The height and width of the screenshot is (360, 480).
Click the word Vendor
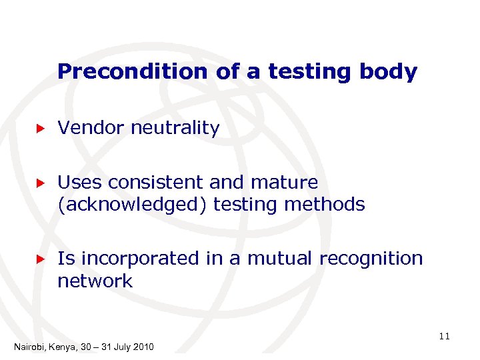click(x=91, y=128)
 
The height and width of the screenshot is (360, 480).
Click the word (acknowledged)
click(x=133, y=204)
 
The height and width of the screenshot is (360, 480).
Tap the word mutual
click(x=277, y=258)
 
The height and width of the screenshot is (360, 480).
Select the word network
click(x=95, y=281)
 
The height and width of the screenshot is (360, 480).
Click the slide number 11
click(x=445, y=337)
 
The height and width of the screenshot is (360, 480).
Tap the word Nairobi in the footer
click(x=29, y=347)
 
